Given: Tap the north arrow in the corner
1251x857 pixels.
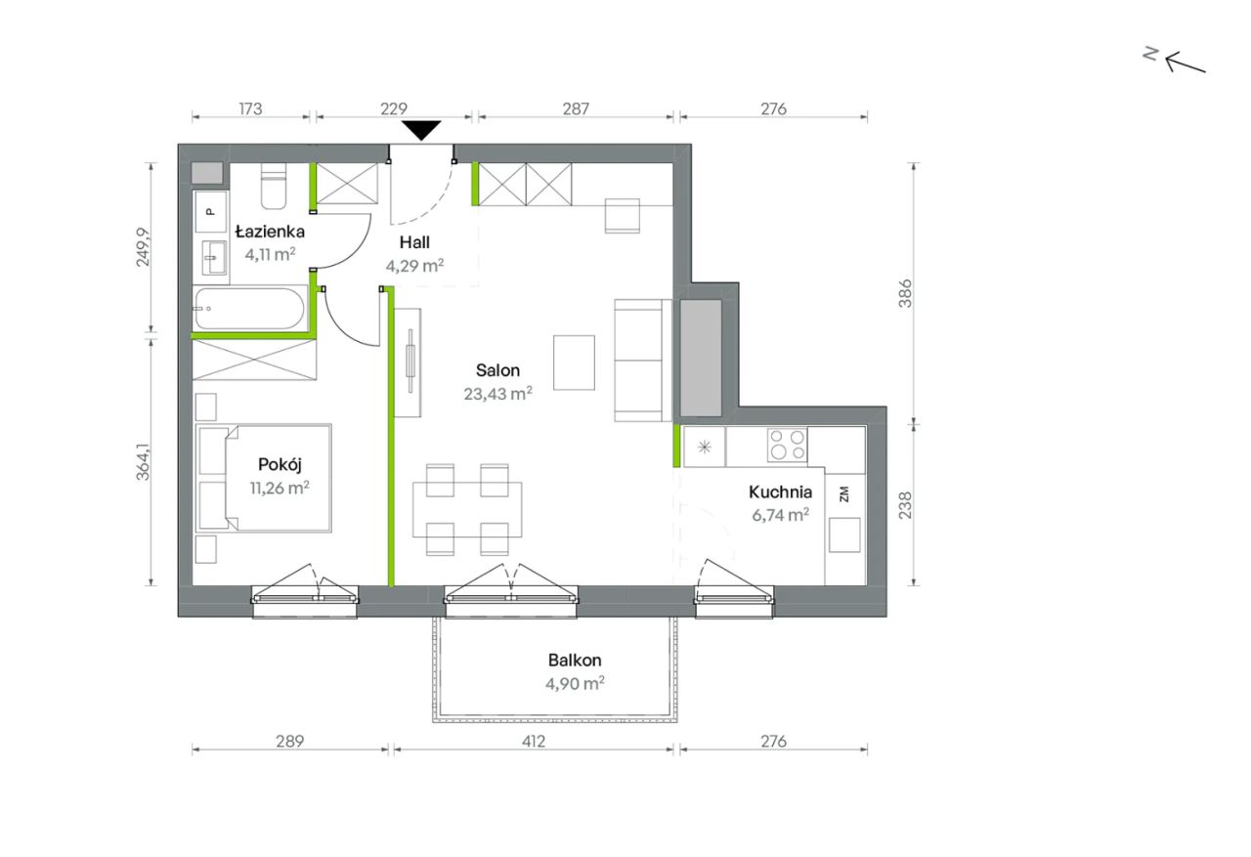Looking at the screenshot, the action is pos(1186,63).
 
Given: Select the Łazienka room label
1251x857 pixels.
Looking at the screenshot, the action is pos(270,232).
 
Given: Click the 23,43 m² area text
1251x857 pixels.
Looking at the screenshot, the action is pos(497,394).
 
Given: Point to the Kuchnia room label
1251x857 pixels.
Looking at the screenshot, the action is pos(780,492).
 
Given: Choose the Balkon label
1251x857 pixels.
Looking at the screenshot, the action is pos(575,660).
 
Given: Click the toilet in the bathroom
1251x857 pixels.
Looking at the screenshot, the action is pos(274,186).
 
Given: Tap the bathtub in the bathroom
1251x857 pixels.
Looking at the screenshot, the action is pos(249,309).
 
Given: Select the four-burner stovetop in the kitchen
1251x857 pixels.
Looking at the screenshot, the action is pos(787,445).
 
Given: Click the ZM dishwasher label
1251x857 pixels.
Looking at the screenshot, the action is pos(843,494).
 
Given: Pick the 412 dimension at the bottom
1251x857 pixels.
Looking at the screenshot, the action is pos(533,741).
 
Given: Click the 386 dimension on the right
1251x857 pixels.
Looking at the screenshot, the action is pos(905,293).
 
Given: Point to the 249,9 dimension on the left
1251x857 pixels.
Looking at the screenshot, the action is pos(143,247).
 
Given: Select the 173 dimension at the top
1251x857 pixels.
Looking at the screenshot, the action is pos(250,108).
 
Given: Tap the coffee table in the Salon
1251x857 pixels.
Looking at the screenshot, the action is pos(574,363).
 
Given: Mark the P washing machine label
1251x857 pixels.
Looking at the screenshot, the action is pos(210,212).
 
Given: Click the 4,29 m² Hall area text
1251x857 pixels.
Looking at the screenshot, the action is pos(414,265).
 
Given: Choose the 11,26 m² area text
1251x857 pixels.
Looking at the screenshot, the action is pos(280,488).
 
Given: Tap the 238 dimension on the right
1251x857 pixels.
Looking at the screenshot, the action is pos(905,504).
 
